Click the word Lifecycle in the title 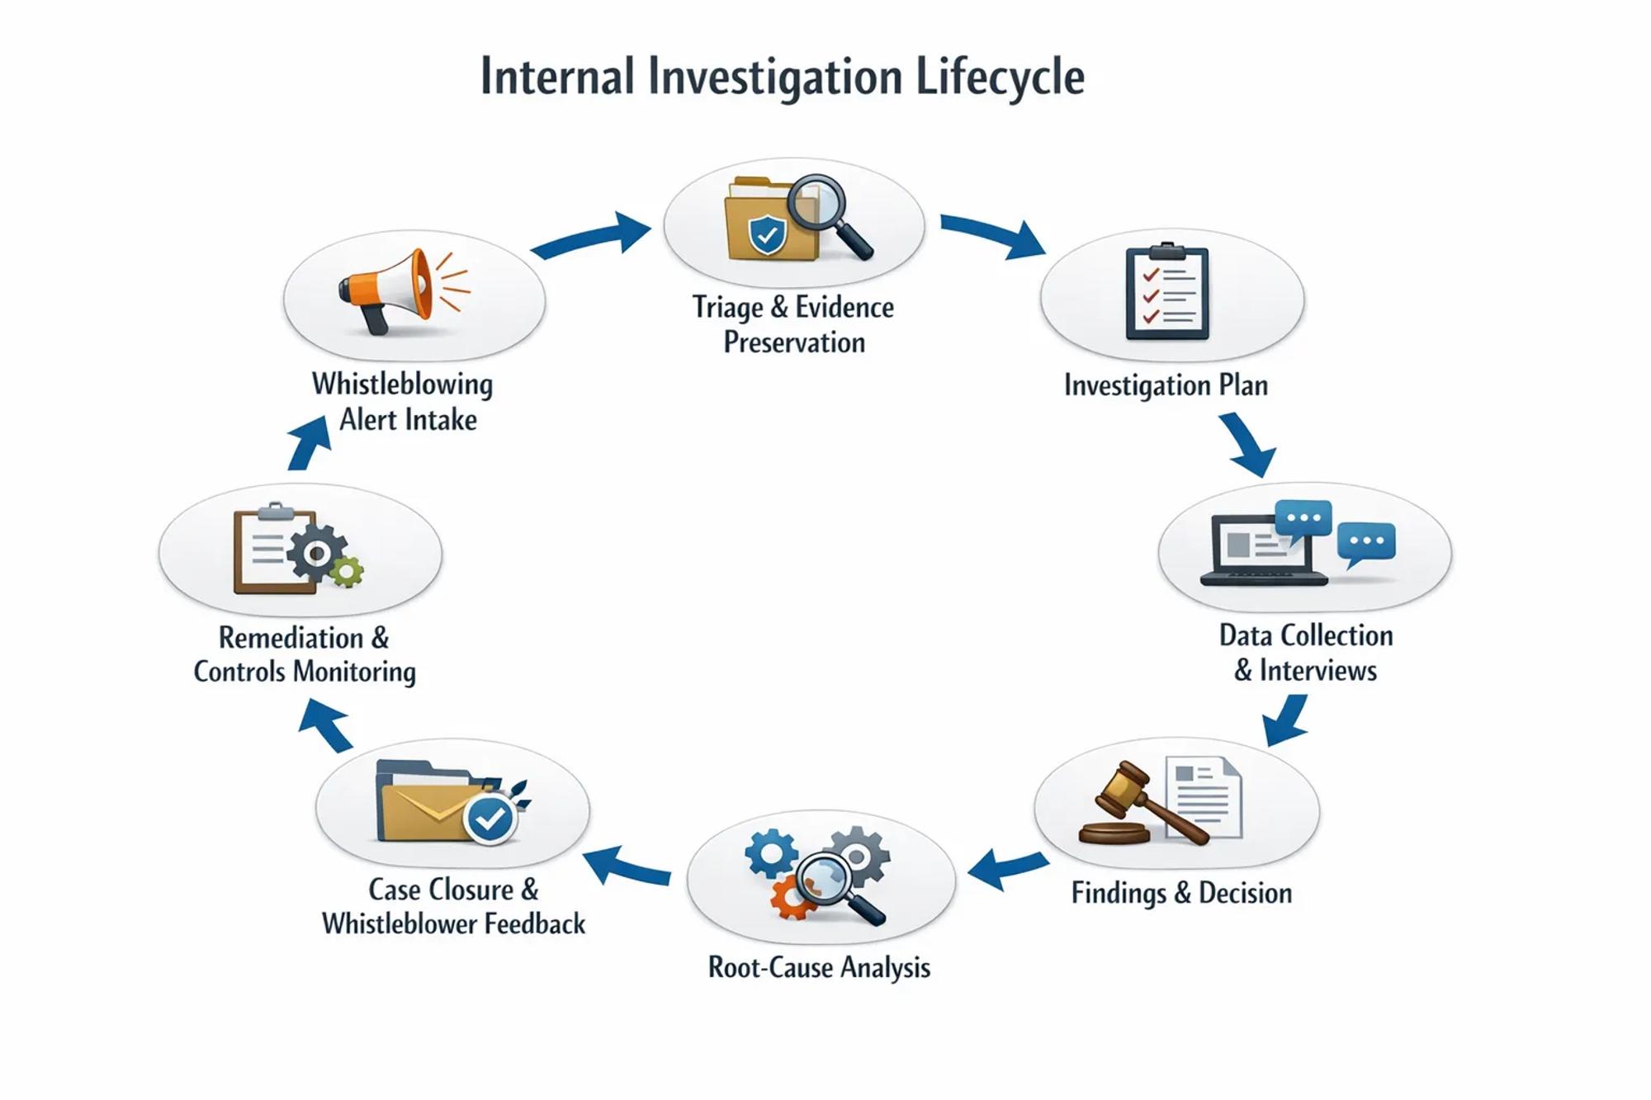click(x=1000, y=77)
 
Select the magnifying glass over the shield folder click(x=821, y=206)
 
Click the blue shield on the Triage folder click(x=767, y=234)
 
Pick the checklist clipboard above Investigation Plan click(x=1167, y=292)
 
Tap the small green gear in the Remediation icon click(x=347, y=571)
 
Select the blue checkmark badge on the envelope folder click(x=490, y=819)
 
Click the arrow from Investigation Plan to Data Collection click(x=1249, y=446)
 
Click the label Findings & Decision click(x=1181, y=893)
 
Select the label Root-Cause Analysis click(x=819, y=967)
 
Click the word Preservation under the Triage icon click(x=794, y=342)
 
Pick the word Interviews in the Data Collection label click(x=1317, y=670)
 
